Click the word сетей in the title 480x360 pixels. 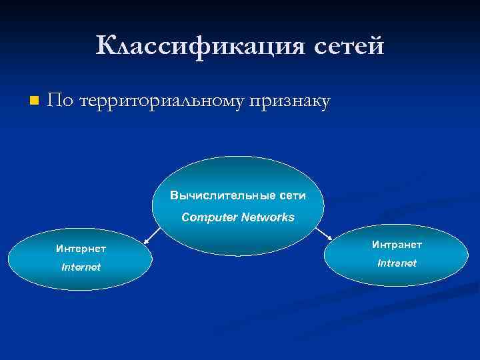345,47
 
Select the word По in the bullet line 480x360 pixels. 61,101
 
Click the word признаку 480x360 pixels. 289,101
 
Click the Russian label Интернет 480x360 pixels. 81,249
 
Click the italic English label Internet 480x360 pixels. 81,267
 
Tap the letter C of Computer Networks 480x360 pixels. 186,217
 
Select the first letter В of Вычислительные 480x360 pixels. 174,196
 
